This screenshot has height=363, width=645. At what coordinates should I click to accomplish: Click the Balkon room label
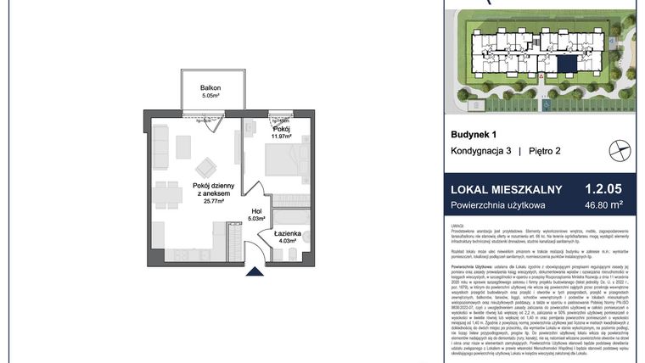(x=210, y=87)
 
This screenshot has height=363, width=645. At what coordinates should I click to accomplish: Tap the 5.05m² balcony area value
(x=210, y=97)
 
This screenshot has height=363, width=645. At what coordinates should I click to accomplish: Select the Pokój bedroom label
(x=281, y=128)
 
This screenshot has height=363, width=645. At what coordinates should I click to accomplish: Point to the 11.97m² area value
(x=281, y=137)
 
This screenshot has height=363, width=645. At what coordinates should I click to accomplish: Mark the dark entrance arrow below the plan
(x=255, y=271)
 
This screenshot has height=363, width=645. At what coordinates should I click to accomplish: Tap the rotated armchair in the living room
(x=205, y=168)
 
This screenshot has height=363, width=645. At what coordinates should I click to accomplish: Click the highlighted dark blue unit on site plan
(x=565, y=64)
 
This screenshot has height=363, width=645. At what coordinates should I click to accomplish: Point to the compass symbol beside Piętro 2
(x=620, y=150)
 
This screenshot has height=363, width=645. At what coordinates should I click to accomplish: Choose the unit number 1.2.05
(x=604, y=190)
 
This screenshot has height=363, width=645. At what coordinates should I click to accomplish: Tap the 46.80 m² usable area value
(x=603, y=205)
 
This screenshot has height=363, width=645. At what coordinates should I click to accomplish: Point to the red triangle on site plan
(x=541, y=75)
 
